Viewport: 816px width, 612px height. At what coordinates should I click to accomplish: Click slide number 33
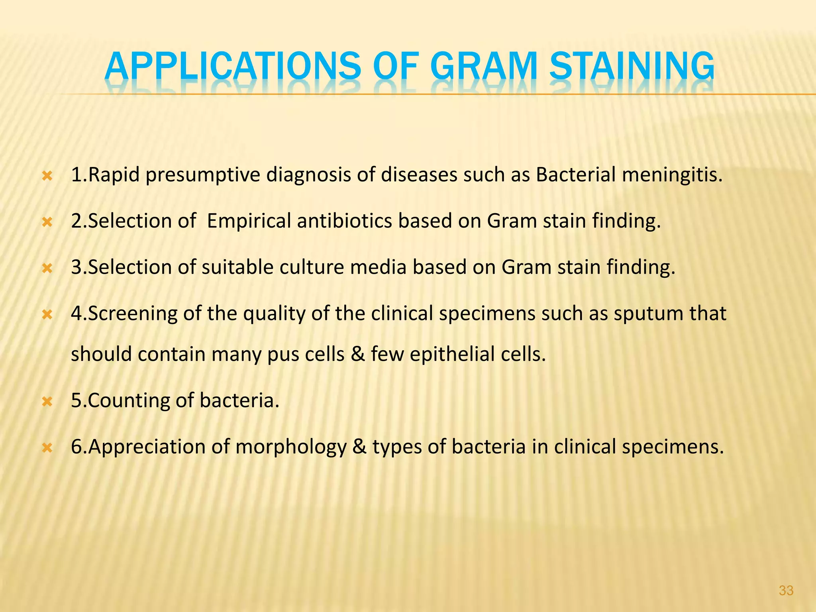pyautogui.click(x=786, y=590)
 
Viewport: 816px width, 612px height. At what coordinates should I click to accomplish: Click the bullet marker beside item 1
pyautogui.click(x=47, y=176)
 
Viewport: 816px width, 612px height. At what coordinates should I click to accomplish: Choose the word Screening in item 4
pyautogui.click(x=131, y=314)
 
